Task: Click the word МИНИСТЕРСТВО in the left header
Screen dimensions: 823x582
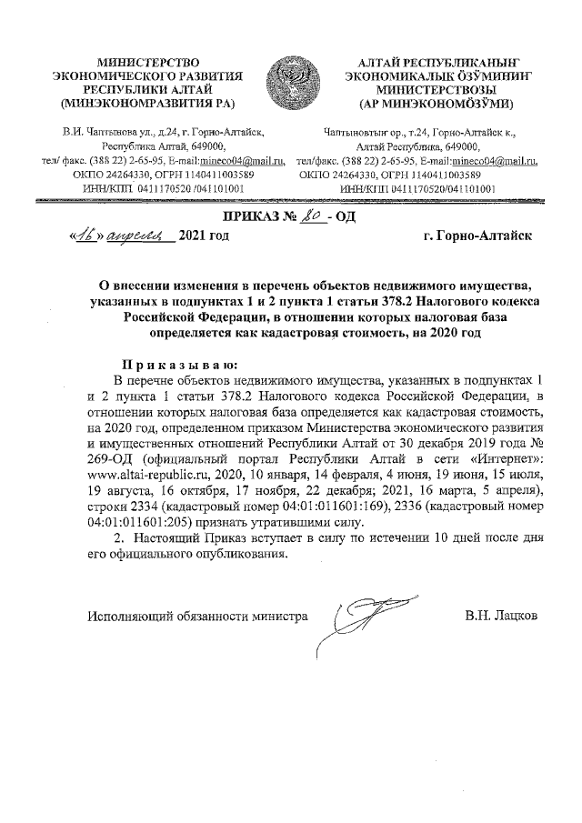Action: pos(148,57)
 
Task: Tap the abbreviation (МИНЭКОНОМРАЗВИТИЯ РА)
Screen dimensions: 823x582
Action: pos(148,102)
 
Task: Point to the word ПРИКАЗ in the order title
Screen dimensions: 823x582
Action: pos(256,216)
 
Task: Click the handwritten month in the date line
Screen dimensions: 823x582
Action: pos(139,236)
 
